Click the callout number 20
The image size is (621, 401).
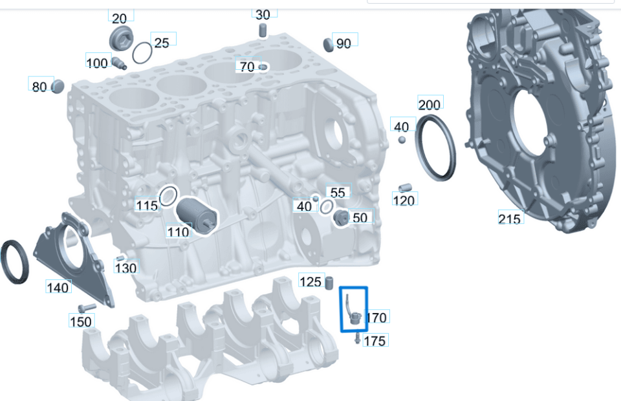(x=120, y=18)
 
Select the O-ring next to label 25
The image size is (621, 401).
(x=142, y=53)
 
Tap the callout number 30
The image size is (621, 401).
(x=263, y=15)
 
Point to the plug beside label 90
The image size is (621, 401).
(x=329, y=45)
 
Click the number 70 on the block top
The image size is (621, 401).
(x=247, y=66)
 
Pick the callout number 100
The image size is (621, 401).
(x=96, y=63)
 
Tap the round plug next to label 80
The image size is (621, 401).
(x=58, y=86)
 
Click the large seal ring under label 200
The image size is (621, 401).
(x=435, y=147)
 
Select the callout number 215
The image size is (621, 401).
(x=509, y=219)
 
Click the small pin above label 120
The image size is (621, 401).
(x=405, y=188)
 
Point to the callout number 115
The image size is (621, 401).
(x=147, y=205)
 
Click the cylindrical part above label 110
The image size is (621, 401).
(x=197, y=216)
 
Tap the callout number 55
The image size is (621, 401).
(x=338, y=192)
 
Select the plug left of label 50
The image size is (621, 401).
(x=342, y=217)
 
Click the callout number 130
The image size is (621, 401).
(x=125, y=268)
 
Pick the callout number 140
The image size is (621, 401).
(x=58, y=287)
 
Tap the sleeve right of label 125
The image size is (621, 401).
(x=329, y=283)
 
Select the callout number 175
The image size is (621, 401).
(x=375, y=341)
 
